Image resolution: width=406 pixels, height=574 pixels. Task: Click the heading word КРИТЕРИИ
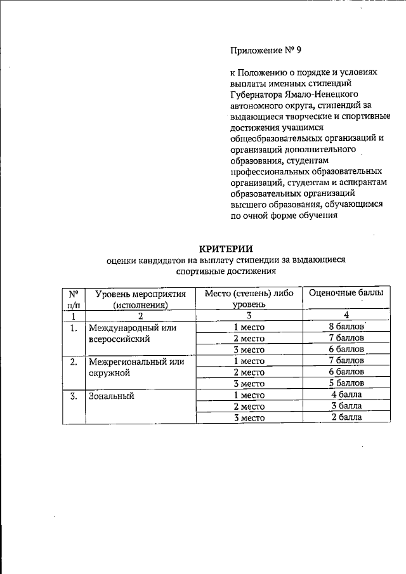coord(226,249)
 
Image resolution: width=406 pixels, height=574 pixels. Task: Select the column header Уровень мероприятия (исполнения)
coord(140,299)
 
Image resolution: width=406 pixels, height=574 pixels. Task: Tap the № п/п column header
coord(74,299)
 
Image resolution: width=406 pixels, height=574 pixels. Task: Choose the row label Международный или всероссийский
coord(131,333)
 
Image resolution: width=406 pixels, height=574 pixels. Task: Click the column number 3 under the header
coord(249,315)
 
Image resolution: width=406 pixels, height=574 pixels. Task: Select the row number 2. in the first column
coord(74,362)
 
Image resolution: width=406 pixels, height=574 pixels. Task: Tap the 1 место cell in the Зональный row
coord(249,395)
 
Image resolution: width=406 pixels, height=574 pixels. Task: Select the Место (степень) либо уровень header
coord(249,299)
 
